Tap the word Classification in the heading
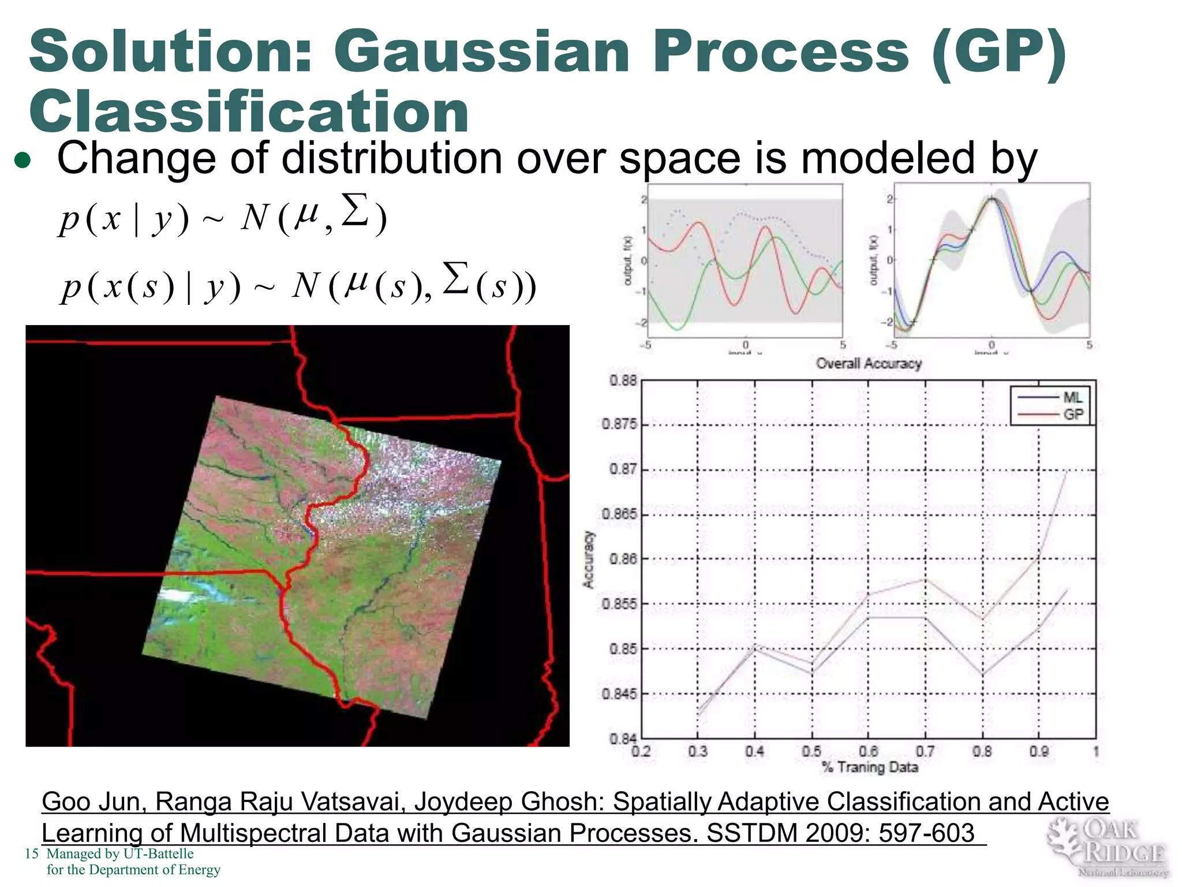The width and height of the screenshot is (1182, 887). click(x=249, y=111)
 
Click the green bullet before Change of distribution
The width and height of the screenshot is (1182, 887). click(x=23, y=161)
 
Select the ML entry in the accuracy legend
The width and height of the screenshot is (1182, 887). click(x=1072, y=397)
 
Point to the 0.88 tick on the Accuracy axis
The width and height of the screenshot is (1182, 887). click(x=623, y=381)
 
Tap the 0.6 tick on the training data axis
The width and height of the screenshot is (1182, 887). click(x=868, y=751)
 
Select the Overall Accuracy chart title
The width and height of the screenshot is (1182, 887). click(x=868, y=363)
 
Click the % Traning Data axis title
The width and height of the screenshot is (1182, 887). click(x=870, y=767)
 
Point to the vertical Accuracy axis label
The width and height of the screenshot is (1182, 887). click(x=588, y=559)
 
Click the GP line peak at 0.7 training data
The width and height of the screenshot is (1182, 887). click(x=925, y=579)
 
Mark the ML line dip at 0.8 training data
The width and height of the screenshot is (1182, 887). click(x=982, y=674)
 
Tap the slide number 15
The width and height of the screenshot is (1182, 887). click(x=31, y=854)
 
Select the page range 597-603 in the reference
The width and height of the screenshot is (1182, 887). click(x=926, y=833)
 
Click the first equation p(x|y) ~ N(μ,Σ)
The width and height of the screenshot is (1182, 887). click(x=222, y=217)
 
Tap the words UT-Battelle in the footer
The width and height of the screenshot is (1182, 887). click(x=158, y=854)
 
